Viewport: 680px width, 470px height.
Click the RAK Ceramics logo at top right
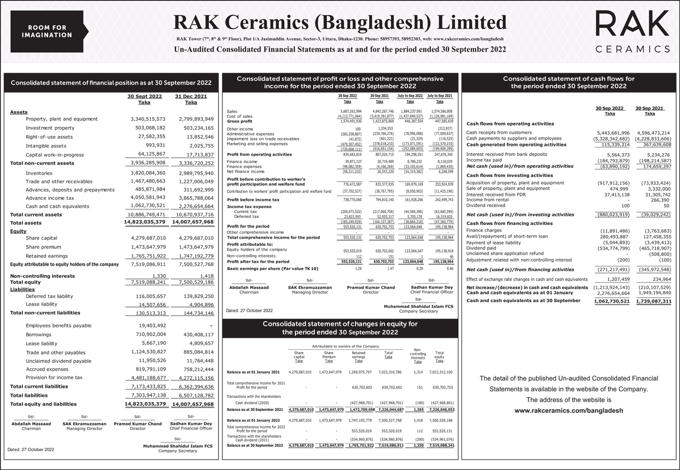(632, 31)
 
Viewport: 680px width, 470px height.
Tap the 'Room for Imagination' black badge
(48, 31)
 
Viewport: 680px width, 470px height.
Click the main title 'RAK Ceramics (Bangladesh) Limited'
(340, 22)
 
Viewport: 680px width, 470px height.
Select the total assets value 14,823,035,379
(145, 223)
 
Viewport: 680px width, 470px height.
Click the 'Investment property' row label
(50, 128)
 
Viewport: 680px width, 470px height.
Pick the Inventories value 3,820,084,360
(148, 173)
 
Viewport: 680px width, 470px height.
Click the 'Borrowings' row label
(38, 335)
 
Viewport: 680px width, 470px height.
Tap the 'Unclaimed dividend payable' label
(58, 361)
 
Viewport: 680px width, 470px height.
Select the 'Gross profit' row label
(239, 121)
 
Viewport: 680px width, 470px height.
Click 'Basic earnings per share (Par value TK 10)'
(272, 268)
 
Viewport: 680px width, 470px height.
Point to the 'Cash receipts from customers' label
(499, 132)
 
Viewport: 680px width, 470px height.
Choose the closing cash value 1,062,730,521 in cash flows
(612, 301)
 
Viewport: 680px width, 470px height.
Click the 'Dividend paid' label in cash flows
(481, 248)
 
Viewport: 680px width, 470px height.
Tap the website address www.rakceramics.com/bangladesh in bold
(568, 410)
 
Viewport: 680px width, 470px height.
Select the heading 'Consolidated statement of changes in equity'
(340, 324)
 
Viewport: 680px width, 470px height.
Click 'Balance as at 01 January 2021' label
(254, 373)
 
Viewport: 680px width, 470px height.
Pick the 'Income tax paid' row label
(484, 160)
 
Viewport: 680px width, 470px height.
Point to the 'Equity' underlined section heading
(18, 231)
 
